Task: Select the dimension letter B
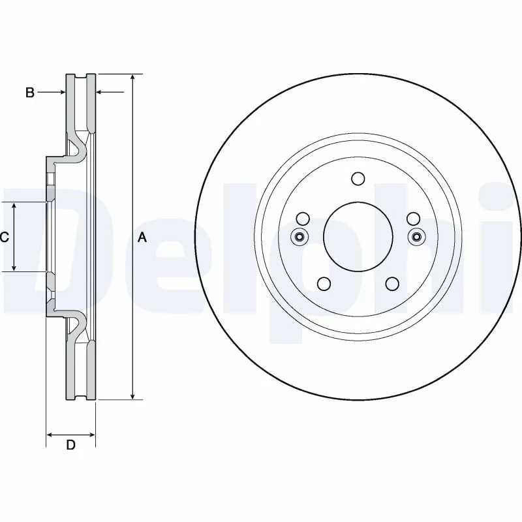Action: pyautogui.click(x=29, y=93)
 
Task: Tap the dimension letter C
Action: pyautogui.click(x=4, y=238)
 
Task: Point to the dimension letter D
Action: pyautogui.click(x=71, y=446)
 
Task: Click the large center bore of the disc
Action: pyautogui.click(x=358, y=236)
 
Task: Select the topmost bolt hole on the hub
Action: pyautogui.click(x=358, y=178)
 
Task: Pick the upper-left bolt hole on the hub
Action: pyautogui.click(x=303, y=219)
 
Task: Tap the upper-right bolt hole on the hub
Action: pyautogui.click(x=412, y=219)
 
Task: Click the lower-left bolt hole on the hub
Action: pyautogui.click(x=323, y=283)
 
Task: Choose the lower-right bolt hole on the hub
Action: pyautogui.click(x=391, y=283)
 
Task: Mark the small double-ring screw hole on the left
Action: pyautogui.click(x=299, y=236)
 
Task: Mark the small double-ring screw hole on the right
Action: pyautogui.click(x=416, y=236)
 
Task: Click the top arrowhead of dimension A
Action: pyautogui.click(x=133, y=78)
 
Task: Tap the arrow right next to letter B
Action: pyautogui.click(x=61, y=93)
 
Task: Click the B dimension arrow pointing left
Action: pyautogui.click(x=100, y=93)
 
